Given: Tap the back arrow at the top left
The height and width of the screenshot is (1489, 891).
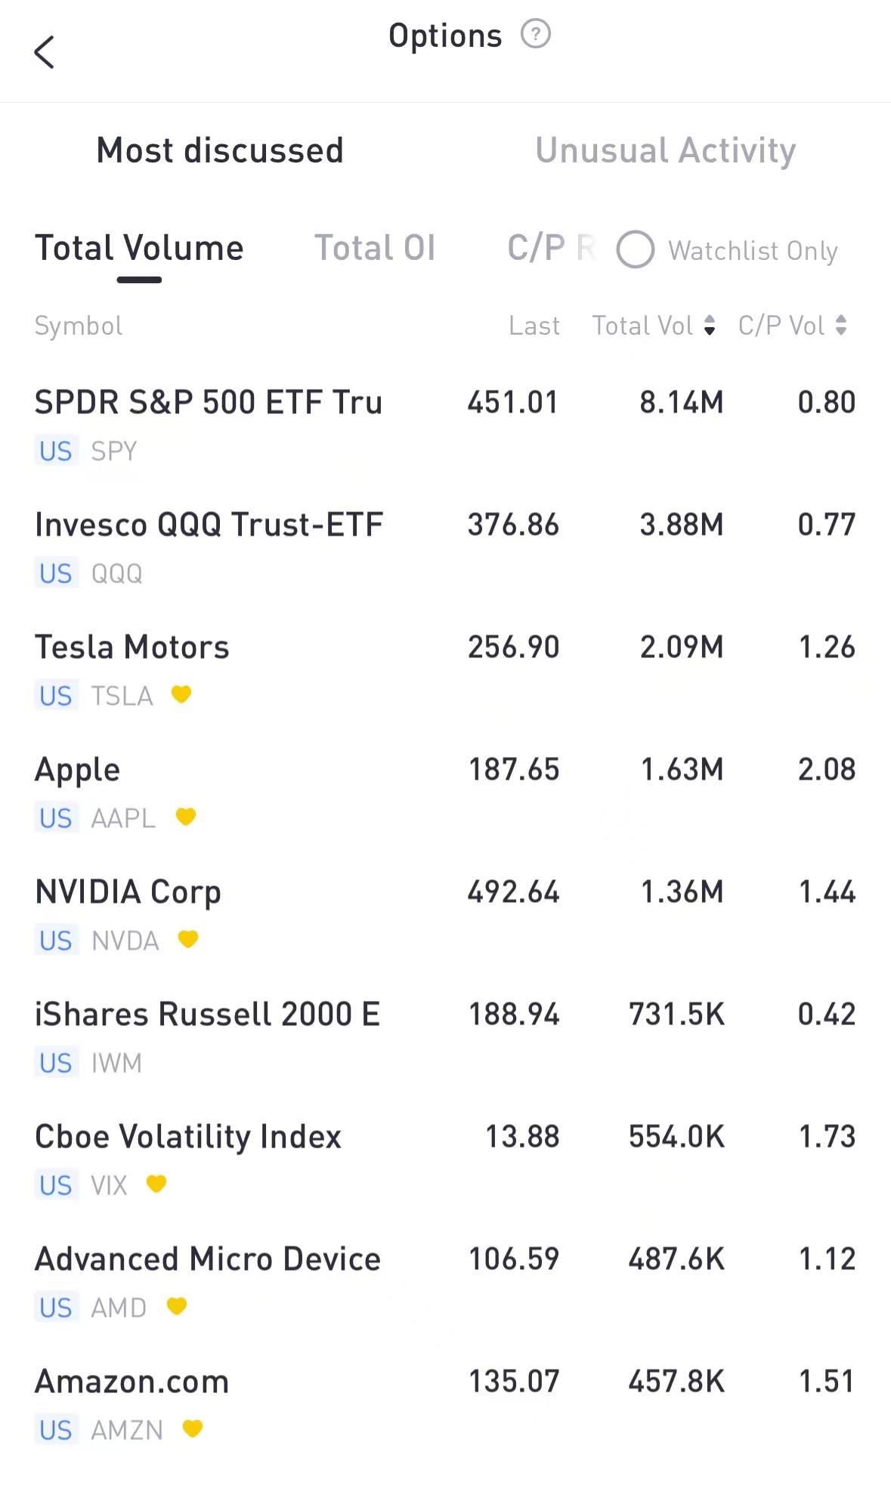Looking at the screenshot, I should coord(45,52).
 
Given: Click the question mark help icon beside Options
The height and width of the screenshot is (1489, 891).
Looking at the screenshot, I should coord(536,34).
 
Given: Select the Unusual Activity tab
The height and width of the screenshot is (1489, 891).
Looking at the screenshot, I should coord(665,150).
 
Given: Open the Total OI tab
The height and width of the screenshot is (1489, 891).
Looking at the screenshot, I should coord(375,249).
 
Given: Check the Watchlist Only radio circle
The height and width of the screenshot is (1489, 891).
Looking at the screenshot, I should coord(635,250).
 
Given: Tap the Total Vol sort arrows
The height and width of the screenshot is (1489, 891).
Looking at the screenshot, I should coord(709,326).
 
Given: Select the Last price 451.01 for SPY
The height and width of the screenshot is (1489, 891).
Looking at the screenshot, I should coord(512,403).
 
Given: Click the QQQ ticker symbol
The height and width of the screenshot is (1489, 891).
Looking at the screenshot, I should coord(116,574).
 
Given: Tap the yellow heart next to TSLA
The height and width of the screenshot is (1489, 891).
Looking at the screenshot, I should coord(181,694).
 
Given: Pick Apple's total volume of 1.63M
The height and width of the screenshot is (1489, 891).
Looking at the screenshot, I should coord(682,770).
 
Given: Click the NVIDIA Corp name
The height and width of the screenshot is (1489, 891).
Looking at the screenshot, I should coord(128,892).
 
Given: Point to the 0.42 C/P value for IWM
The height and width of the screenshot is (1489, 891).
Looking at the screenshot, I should coord(826,1015).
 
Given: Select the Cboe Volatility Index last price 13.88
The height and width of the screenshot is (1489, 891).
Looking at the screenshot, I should coord(521,1137).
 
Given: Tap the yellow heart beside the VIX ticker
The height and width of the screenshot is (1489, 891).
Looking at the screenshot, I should coord(156,1183).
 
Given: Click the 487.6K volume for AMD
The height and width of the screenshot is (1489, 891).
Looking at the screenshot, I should coord(676,1259).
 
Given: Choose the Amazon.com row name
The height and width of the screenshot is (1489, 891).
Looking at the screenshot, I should coord(131,1382).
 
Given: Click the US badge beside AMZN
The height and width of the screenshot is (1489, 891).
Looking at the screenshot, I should coord(56,1430).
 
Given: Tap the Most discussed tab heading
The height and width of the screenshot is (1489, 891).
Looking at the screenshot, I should coord(220,150).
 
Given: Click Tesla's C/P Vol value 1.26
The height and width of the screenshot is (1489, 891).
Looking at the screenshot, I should coord(827,647).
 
